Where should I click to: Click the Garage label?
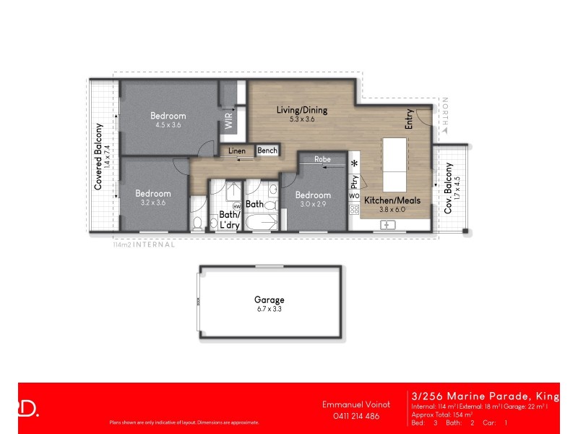[269, 299]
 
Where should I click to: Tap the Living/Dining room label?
[302, 110]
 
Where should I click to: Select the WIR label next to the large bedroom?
[229, 122]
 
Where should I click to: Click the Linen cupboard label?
[237, 151]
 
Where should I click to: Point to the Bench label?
[267, 150]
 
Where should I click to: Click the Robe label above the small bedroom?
[322, 158]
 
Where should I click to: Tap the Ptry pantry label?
[354, 182]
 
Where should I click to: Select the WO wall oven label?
[354, 196]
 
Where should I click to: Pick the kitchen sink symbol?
[388, 225]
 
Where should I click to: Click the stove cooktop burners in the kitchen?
[354, 210]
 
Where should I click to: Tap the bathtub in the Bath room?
[261, 220]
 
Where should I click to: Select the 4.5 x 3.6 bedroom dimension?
[168, 124]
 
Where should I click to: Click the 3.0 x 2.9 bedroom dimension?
[313, 205]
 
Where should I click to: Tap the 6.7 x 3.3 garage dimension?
[269, 309]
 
